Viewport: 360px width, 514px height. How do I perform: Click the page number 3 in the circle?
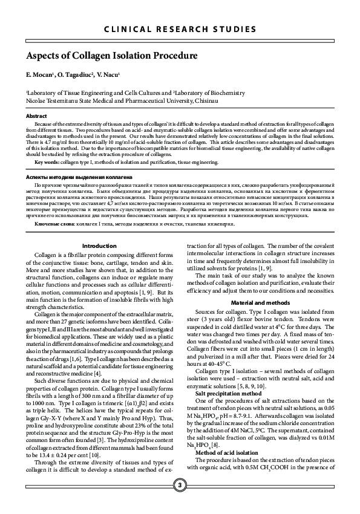[180, 486]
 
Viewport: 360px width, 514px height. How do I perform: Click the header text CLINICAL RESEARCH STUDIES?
[180, 30]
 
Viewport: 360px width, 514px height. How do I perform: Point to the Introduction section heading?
[99, 246]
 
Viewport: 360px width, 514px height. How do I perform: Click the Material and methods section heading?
[260, 302]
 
